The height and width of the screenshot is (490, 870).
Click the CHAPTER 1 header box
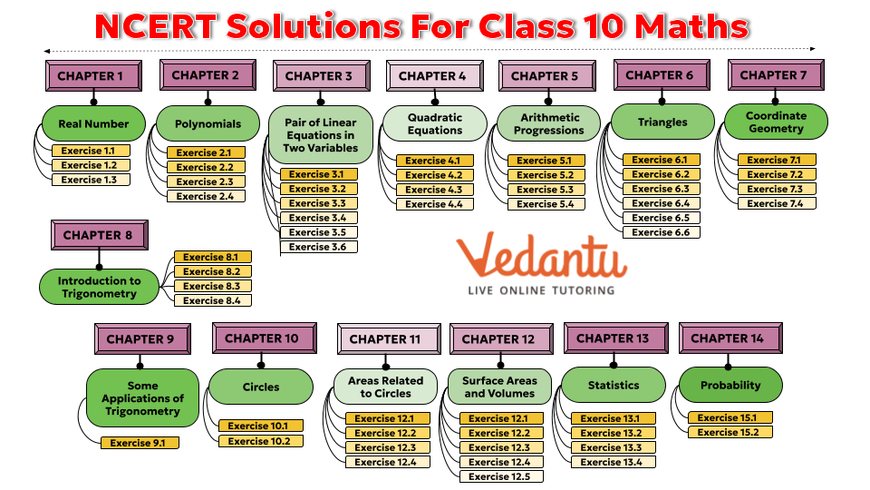[91, 75]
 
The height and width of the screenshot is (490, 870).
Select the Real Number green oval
[93, 123]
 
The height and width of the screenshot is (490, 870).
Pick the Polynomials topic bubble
[208, 123]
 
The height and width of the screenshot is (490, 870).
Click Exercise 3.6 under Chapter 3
[317, 247]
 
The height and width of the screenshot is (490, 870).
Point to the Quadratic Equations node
[434, 123]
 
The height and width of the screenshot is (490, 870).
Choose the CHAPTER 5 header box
[545, 76]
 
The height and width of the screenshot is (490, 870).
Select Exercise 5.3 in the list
[546, 190]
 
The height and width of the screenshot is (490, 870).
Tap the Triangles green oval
[662, 122]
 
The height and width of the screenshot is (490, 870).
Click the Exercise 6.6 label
[661, 232]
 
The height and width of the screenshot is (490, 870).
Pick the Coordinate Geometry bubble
[776, 122]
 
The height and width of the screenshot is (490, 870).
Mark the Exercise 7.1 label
[775, 161]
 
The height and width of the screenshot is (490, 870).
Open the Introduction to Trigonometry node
[100, 287]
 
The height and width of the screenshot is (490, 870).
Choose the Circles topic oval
[261, 387]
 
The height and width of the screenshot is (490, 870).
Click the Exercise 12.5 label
[500, 476]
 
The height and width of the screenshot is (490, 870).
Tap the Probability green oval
[730, 385]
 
